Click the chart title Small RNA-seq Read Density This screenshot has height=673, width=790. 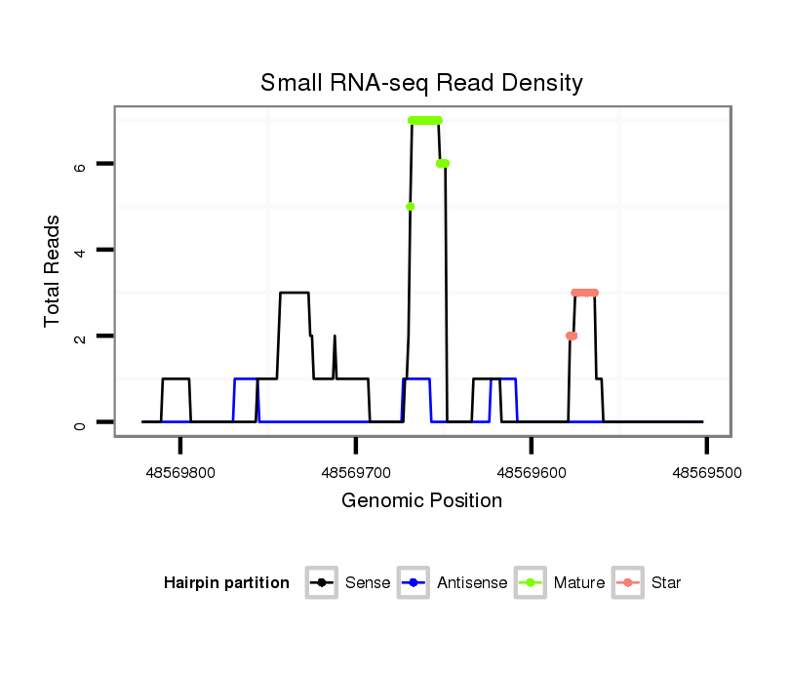tap(421, 83)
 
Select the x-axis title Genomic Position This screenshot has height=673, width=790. tap(421, 501)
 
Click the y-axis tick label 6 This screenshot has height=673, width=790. tap(81, 165)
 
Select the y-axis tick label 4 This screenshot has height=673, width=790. tap(81, 251)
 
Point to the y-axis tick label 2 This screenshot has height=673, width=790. tap(81, 336)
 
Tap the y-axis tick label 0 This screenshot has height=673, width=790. tap(81, 422)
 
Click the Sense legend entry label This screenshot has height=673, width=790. tap(368, 583)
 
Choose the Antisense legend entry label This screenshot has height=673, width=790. tap(472, 583)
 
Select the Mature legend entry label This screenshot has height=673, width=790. tap(578, 583)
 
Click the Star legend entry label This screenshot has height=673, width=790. tap(666, 583)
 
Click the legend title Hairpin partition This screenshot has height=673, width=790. tap(226, 583)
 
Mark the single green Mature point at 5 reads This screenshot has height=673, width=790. tap(411, 206)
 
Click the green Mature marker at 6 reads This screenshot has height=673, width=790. tap(443, 164)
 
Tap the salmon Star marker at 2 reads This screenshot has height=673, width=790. tap(572, 336)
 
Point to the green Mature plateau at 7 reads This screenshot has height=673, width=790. tap(425, 120)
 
